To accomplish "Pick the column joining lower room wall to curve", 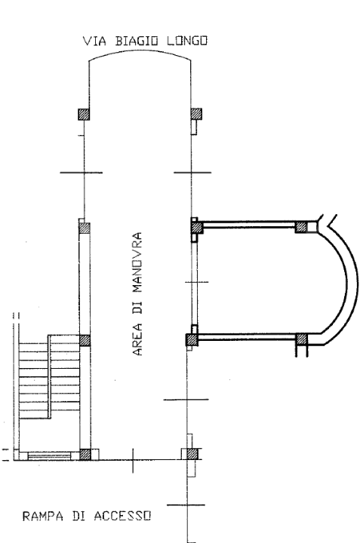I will (x=300, y=339).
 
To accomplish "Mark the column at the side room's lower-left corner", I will (x=192, y=339).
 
